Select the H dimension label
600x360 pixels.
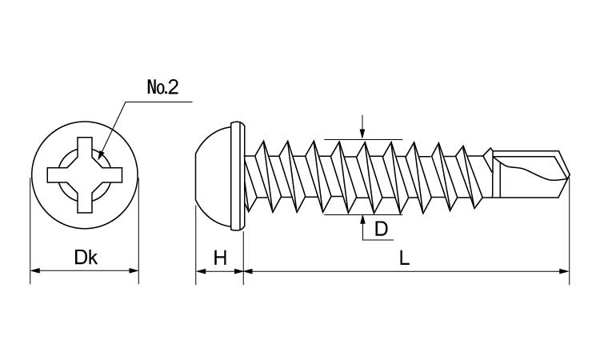point(220,258)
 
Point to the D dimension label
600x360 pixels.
point(382,230)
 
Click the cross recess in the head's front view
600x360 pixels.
point(85,175)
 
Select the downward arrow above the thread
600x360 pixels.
point(362,132)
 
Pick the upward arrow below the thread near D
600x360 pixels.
point(362,221)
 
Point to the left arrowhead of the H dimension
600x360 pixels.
point(200,271)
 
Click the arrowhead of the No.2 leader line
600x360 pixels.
point(100,155)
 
